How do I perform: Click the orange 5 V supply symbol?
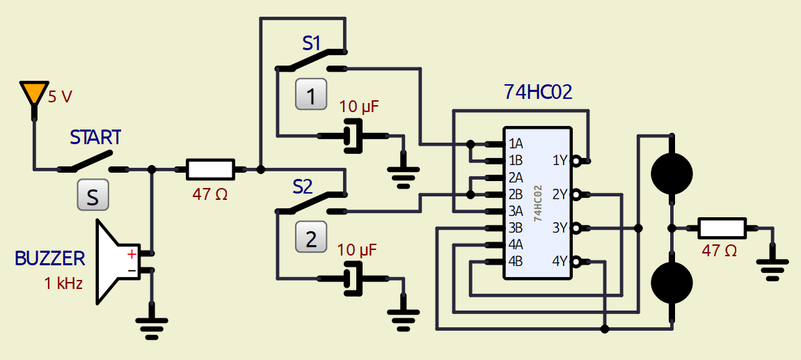click(33, 93)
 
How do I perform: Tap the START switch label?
click(95, 136)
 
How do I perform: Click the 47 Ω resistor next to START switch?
click(209, 169)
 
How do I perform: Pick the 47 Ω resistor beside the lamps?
click(722, 228)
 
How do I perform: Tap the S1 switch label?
click(312, 43)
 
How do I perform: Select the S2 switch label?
click(303, 187)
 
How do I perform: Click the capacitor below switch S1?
click(354, 136)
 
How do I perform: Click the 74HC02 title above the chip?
click(537, 93)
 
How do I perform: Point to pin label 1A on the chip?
click(516, 144)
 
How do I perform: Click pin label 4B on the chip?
click(516, 262)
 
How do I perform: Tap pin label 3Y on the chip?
click(560, 228)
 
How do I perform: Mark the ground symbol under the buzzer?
click(152, 324)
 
